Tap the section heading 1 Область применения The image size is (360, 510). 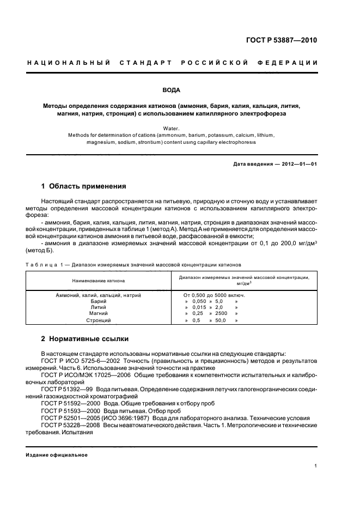84,186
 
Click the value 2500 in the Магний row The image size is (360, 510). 221,313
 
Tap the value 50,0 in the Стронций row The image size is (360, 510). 221,320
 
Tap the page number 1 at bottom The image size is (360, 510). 316,466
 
